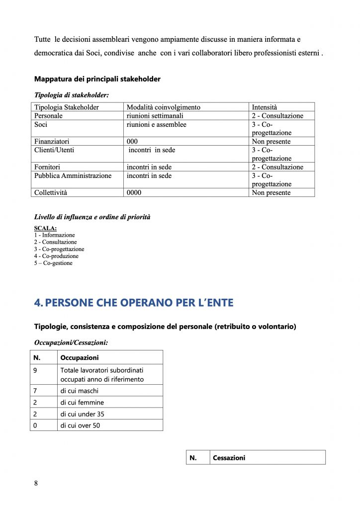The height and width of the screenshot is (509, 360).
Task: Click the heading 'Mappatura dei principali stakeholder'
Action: tap(97, 79)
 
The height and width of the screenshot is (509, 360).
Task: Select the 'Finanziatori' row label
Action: tap(52, 142)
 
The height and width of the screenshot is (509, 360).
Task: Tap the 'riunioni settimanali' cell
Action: tap(155, 116)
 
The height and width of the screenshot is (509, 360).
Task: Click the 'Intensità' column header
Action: tap(265, 107)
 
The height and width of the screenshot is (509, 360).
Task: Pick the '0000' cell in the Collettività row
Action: tap(134, 193)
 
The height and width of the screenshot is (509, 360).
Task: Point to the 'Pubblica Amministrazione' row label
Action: tap(73, 176)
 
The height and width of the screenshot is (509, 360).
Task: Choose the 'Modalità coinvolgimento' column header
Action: tap(164, 107)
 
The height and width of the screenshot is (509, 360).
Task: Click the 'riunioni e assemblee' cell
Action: tap(157, 125)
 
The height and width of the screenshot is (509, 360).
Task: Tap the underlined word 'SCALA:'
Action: tap(45, 229)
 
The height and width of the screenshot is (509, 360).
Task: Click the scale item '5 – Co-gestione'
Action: tap(53, 263)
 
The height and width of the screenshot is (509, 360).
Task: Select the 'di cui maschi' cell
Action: tap(80, 391)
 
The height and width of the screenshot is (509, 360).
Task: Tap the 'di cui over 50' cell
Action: tap(80, 425)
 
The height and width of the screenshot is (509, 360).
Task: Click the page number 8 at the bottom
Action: tap(36, 483)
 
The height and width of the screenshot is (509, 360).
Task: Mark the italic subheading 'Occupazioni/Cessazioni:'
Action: tap(71, 342)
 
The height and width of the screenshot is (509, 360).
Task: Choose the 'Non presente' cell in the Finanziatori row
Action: tap(271, 142)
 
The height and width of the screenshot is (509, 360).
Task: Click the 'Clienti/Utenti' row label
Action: tap(54, 150)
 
